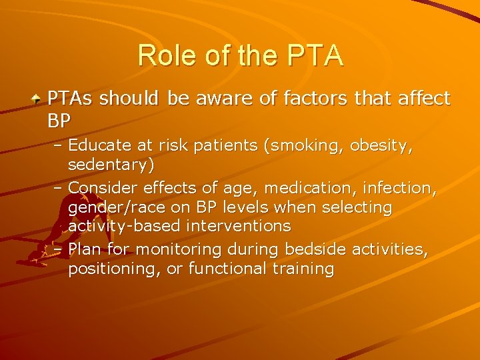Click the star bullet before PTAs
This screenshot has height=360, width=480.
click(38, 99)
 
